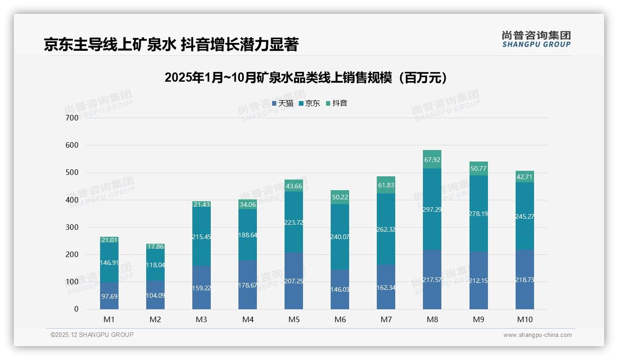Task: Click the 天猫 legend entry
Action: [x=282, y=103]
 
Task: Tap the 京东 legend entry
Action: [x=309, y=103]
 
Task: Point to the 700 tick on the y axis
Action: [x=72, y=118]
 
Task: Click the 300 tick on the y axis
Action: [x=72, y=227]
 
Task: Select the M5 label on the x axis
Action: [x=294, y=319]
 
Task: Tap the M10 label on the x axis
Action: [x=524, y=319]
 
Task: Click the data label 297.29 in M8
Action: [x=432, y=210]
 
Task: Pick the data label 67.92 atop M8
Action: [x=432, y=160]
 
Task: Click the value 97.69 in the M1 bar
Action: [x=109, y=296]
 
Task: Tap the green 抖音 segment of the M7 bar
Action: [x=386, y=185]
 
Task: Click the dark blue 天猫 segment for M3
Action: [x=202, y=288]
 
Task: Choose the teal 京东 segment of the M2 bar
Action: [x=155, y=265]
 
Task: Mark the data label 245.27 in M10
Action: [x=524, y=216]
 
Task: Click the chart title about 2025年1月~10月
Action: [x=305, y=78]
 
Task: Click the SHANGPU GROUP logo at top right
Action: [x=536, y=39]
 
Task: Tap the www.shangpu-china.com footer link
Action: [x=537, y=335]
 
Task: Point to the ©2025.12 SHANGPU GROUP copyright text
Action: [x=92, y=335]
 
